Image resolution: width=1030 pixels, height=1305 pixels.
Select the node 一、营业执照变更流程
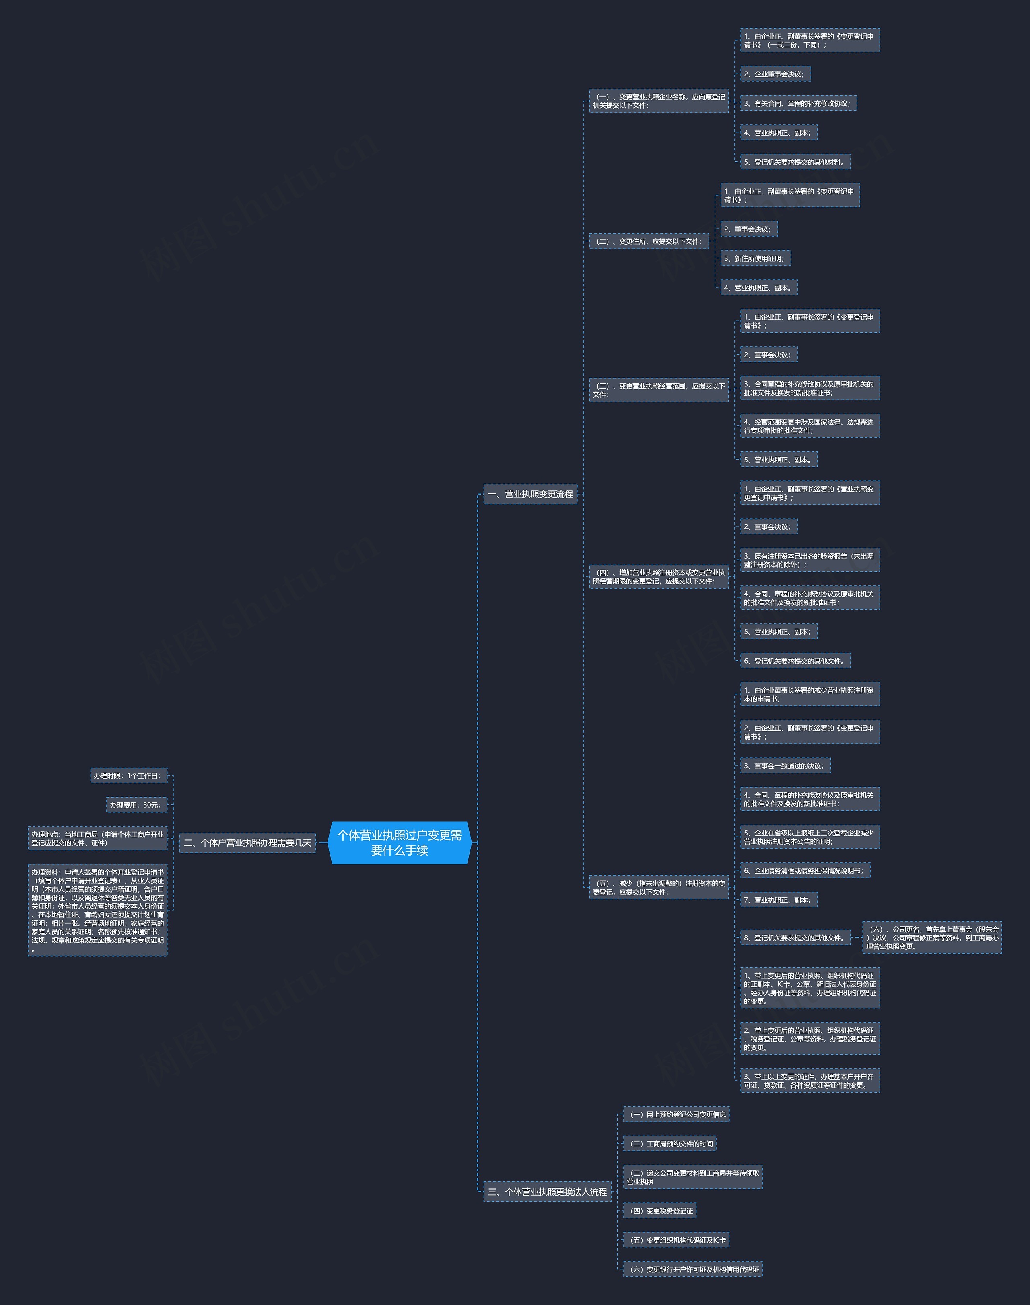530,494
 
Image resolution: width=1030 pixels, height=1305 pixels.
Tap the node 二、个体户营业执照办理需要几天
247,843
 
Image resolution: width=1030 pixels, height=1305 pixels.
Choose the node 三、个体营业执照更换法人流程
547,1192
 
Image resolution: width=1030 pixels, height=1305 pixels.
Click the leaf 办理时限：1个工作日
128,775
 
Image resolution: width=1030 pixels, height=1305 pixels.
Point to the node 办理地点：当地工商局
98,838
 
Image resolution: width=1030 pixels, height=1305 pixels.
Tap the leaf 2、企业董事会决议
775,74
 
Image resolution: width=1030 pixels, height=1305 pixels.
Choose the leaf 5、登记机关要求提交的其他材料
795,162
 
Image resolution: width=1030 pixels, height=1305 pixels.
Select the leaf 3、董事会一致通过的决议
785,765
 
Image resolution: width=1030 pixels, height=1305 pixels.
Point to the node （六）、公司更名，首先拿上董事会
932,938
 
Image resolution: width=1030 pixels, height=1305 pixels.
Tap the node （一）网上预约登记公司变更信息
676,1114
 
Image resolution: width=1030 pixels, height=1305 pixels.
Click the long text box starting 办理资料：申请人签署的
98,910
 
